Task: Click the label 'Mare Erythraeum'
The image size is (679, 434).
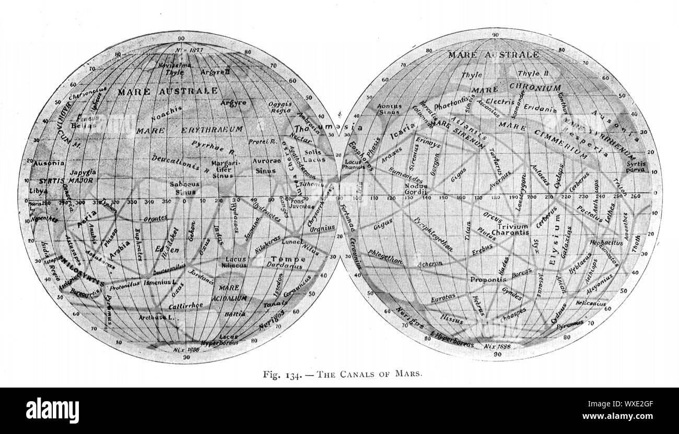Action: (189, 128)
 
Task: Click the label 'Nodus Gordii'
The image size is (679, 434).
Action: (416, 190)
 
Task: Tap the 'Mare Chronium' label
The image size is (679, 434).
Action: (516, 88)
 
